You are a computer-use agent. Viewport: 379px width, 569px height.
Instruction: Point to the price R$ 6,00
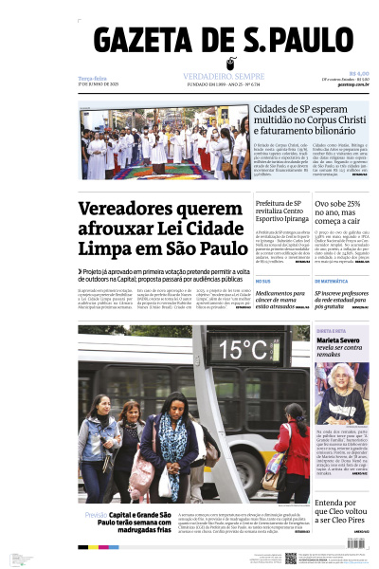[x=358, y=74]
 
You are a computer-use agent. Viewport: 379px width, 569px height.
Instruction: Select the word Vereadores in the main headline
[x=134, y=210]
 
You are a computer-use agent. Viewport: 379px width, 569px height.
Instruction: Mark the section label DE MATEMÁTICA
[x=331, y=282]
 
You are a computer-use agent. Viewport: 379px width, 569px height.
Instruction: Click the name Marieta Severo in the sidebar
[x=341, y=340]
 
